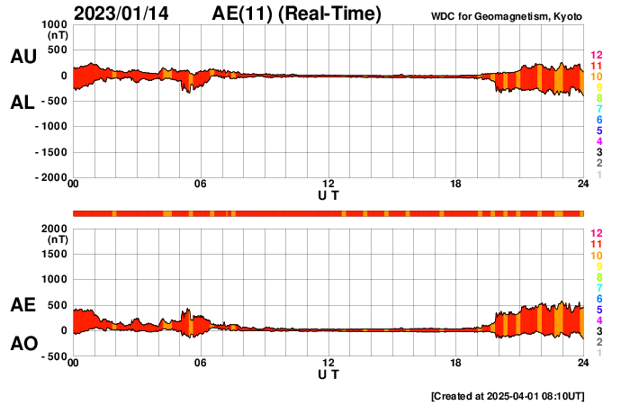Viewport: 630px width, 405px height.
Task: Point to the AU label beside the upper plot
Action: [23, 57]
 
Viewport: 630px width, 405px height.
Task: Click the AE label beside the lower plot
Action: [23, 305]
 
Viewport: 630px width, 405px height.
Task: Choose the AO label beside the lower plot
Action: [23, 344]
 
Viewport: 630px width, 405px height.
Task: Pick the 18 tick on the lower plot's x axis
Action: [456, 363]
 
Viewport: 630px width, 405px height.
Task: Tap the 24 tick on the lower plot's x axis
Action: [583, 363]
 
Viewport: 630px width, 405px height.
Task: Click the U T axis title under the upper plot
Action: [328, 195]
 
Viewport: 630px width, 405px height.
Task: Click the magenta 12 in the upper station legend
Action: [595, 56]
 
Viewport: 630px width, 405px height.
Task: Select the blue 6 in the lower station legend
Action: [598, 298]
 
